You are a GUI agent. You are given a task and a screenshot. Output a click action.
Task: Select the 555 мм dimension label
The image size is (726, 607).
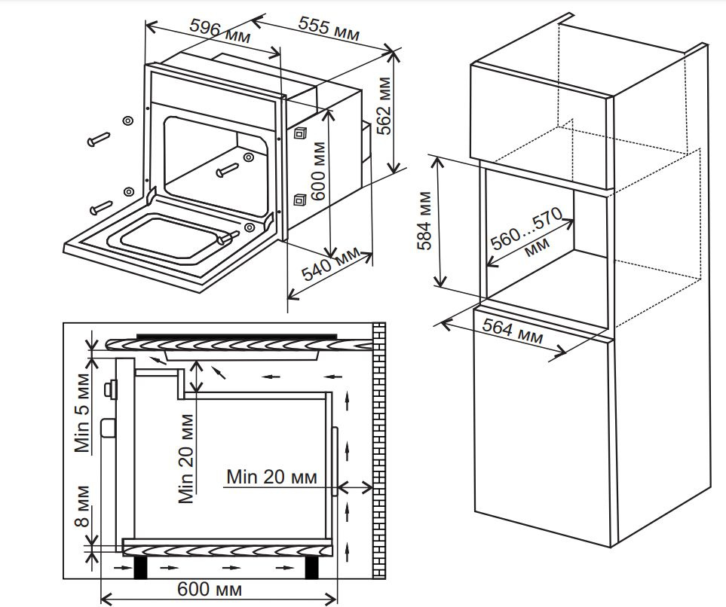(328, 29)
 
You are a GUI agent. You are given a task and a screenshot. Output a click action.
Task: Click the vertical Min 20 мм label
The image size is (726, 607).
(186, 461)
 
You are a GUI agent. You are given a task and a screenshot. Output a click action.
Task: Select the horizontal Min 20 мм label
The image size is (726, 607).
(271, 477)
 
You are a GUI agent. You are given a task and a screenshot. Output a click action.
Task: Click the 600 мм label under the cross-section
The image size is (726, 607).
(210, 588)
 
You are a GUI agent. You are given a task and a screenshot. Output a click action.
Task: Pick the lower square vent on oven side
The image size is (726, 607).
(300, 200)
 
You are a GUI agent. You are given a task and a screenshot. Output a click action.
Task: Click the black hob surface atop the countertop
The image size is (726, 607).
(235, 337)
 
